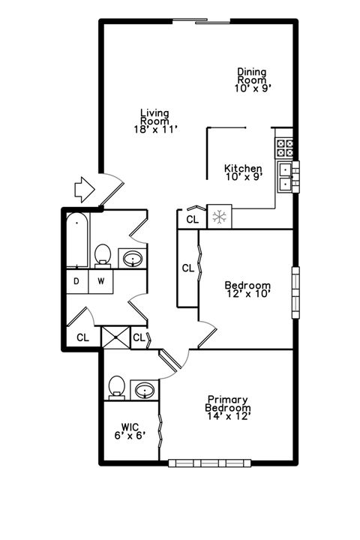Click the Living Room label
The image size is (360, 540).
click(x=154, y=121)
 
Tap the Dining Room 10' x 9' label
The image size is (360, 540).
click(x=252, y=79)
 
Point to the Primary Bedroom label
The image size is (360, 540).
click(x=228, y=407)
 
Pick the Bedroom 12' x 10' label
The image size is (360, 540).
click(x=247, y=289)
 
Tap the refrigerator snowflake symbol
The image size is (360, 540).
click(x=220, y=217)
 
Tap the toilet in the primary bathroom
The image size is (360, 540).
click(x=115, y=386)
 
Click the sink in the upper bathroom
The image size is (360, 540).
click(x=133, y=259)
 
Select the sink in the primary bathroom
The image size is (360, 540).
click(x=144, y=390)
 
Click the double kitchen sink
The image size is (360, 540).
click(x=286, y=177)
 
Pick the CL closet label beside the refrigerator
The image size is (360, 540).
click(x=192, y=219)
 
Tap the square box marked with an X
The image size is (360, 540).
click(x=115, y=337)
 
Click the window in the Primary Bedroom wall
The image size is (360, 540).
click(x=201, y=463)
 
